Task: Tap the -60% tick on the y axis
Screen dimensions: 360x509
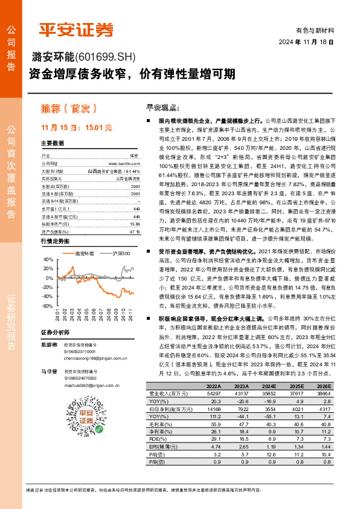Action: click(47, 306)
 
